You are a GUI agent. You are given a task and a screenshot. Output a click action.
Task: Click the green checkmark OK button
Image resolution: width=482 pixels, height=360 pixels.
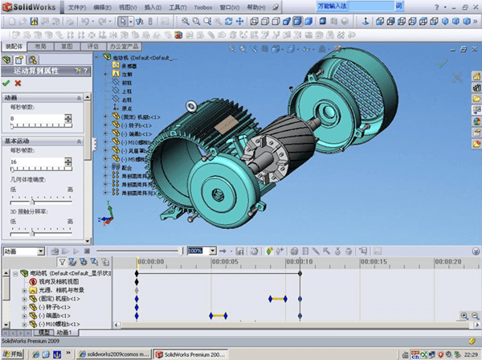tap(6, 83)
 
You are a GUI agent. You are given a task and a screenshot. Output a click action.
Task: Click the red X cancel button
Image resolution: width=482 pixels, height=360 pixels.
tap(18, 83)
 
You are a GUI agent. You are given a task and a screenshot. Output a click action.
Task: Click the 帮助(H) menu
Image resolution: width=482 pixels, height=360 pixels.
tap(255, 6)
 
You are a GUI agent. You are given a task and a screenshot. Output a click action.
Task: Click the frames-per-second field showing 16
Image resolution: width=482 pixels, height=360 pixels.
tap(40, 161)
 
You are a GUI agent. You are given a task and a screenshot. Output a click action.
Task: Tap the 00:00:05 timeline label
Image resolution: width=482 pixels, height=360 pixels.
tap(224, 261)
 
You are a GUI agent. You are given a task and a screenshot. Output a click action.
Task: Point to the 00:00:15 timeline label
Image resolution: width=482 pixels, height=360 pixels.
tap(374, 261)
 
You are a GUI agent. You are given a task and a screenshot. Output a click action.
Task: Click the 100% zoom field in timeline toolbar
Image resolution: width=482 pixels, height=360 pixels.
tap(196, 251)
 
